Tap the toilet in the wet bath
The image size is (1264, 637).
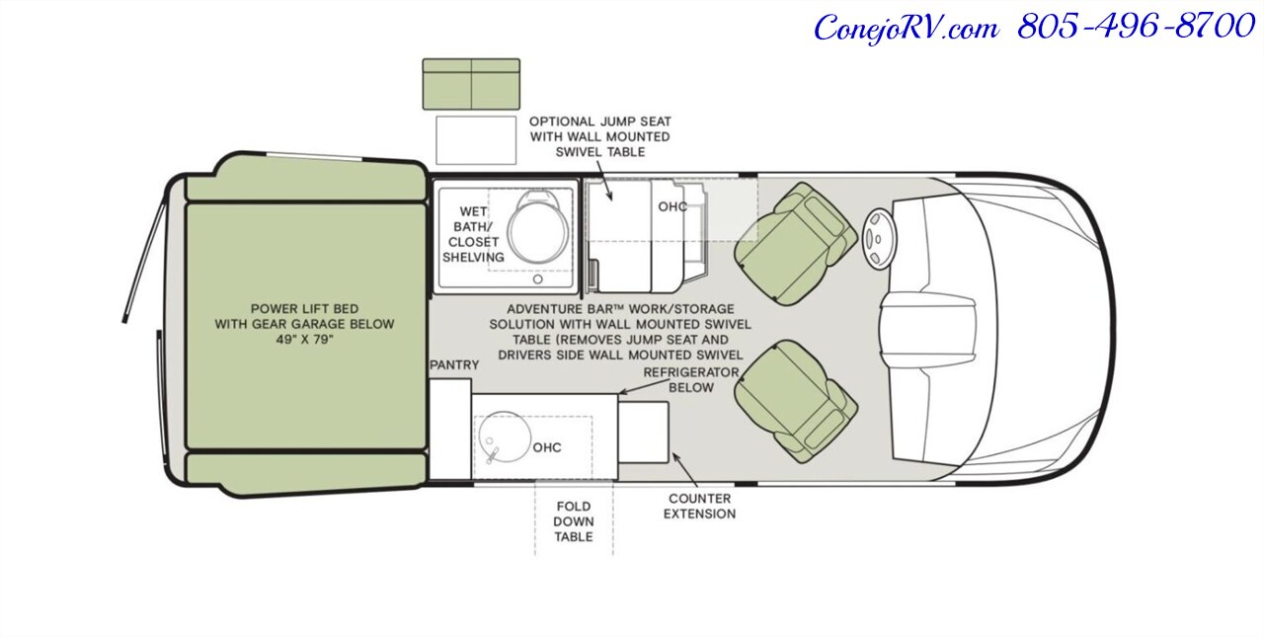[537, 227]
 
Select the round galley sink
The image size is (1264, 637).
[505, 438]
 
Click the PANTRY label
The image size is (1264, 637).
[454, 365]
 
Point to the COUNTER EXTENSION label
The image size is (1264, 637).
[699, 506]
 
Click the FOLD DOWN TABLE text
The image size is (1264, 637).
[574, 521]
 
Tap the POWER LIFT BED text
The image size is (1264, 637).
[304, 309]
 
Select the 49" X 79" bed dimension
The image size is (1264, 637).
[305, 340]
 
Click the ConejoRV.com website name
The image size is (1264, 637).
[907, 27]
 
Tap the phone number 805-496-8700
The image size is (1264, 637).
[1136, 26]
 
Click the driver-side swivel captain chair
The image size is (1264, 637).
[796, 244]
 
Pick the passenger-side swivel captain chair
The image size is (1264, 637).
[796, 402]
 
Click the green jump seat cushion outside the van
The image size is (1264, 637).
[471, 84]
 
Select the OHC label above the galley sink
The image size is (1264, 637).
[547, 447]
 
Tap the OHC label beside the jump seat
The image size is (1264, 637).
[672, 206]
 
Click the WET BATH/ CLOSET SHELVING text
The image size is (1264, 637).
[473, 234]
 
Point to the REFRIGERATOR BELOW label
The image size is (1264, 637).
[691, 379]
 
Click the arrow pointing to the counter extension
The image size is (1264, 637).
[685, 469]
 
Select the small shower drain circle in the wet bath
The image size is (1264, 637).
[538, 279]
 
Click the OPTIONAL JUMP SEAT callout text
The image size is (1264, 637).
[599, 136]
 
